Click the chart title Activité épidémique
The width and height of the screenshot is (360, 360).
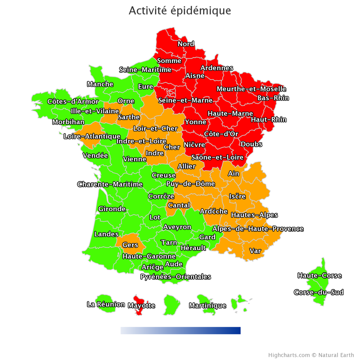point(180,10)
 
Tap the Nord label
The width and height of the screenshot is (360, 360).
point(186,44)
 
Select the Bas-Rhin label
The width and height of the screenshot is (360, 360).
point(273,98)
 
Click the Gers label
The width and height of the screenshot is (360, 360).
point(130,245)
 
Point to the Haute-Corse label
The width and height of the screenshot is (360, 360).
point(319,275)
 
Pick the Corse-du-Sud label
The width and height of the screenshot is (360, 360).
point(319,292)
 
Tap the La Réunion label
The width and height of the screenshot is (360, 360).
point(106,305)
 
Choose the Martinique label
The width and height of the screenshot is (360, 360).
point(207,306)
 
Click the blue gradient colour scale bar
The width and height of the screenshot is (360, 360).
point(180,331)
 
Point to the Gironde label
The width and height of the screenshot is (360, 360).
point(112,209)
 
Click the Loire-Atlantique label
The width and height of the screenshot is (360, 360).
point(92,136)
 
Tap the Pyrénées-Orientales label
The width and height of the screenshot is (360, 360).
point(175,277)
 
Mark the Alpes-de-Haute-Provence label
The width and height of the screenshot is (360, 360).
point(258,229)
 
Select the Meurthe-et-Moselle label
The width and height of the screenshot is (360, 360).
point(252,89)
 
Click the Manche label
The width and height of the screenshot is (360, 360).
point(100,84)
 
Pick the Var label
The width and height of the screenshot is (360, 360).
point(255,251)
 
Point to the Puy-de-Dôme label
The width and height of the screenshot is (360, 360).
point(190,184)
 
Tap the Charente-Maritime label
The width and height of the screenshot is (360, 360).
point(110,184)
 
